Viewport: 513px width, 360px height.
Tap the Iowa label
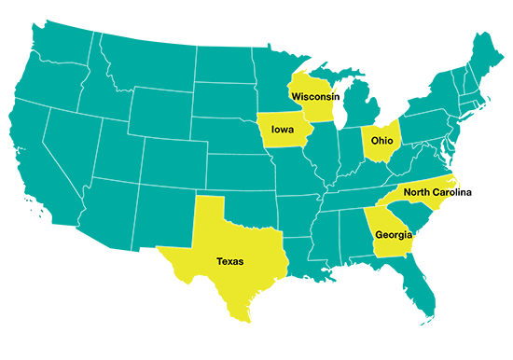(283, 130)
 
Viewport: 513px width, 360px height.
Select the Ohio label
(381, 141)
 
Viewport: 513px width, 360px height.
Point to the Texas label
(229, 262)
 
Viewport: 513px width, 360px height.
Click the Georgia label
(393, 235)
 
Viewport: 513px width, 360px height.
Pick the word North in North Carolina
(420, 193)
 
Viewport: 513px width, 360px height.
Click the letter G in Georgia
(379, 235)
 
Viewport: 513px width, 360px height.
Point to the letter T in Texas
(218, 262)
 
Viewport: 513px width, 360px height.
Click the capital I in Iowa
(272, 130)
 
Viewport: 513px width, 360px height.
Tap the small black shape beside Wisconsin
(340, 95)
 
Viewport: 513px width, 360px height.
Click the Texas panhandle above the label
(209, 219)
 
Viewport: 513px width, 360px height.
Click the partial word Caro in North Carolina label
(453, 193)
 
